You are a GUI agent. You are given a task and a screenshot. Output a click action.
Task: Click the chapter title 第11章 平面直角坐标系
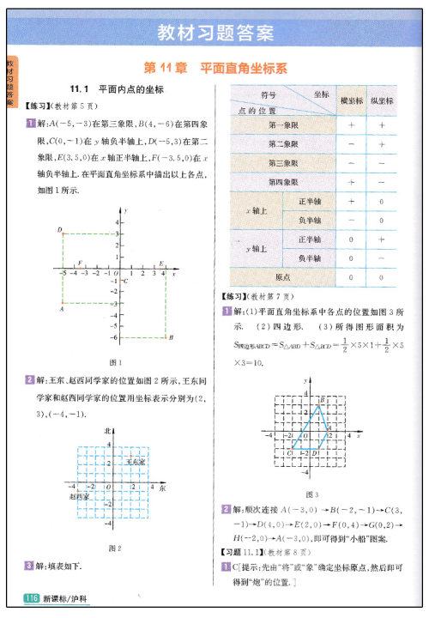point(214,67)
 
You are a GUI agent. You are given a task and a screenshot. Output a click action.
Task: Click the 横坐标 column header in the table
point(351,100)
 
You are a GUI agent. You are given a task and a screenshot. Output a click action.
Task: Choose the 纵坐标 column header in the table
point(382,100)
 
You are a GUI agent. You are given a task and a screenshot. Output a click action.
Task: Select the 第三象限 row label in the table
point(283,163)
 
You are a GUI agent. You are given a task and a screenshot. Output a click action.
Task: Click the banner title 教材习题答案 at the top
point(215,34)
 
